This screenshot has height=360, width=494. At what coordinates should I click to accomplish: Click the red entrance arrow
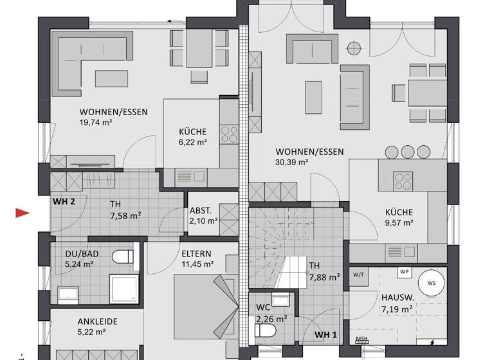point(23,213)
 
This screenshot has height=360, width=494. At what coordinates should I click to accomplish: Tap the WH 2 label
point(64,201)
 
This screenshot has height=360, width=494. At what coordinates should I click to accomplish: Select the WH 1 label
point(325,335)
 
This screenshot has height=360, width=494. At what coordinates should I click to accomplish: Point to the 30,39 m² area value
point(292,163)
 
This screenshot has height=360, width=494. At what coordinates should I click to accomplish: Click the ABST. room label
point(203,212)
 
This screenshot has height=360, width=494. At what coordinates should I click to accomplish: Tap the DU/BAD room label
point(80,253)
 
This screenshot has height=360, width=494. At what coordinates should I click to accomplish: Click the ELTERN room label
point(196,254)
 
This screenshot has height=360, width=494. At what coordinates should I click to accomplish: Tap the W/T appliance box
point(358,275)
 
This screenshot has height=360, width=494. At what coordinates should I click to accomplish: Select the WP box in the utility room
point(405,272)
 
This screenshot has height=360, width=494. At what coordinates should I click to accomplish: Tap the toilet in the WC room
point(265,330)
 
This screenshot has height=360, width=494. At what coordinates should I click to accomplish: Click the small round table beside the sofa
point(352,46)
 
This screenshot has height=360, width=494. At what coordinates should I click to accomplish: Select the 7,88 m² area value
point(324,278)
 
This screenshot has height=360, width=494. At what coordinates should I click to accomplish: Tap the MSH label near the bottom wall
point(362,339)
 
